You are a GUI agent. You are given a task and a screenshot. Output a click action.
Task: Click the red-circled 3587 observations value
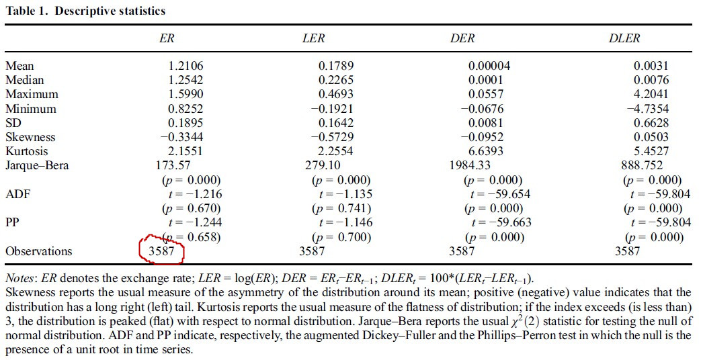click(x=161, y=251)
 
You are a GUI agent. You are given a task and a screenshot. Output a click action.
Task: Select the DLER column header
click(x=624, y=38)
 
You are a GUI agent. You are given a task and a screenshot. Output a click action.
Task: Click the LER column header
click(x=314, y=38)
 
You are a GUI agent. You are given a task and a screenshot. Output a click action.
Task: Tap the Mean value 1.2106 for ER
click(x=186, y=66)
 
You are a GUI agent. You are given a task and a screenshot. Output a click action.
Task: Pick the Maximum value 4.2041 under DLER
click(x=651, y=94)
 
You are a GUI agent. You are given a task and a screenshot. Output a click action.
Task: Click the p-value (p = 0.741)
click(x=342, y=208)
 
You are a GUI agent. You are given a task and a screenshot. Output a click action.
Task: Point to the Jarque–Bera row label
click(x=37, y=165)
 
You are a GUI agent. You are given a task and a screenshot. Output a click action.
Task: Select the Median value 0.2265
click(x=336, y=80)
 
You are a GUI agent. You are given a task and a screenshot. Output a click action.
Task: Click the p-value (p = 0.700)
click(x=342, y=237)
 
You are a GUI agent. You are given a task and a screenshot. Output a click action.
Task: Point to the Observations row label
click(x=38, y=251)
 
